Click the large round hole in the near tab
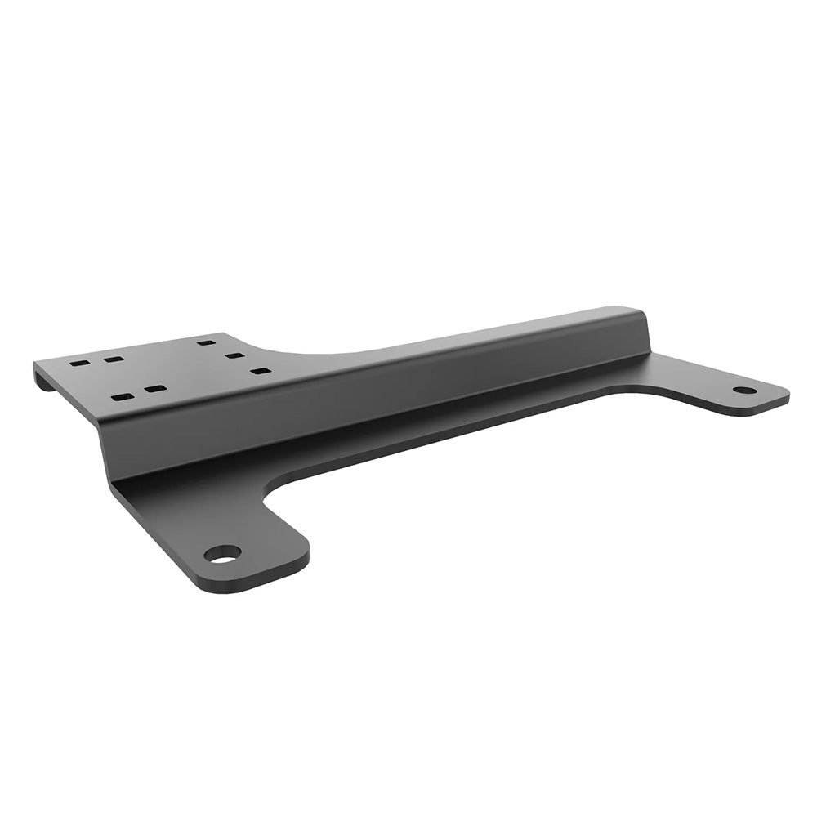[x=222, y=554]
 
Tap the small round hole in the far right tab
[x=744, y=391]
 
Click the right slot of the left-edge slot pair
[x=114, y=359]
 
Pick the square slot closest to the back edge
[x=207, y=343]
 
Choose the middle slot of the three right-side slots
[x=235, y=356]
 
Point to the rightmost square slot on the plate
[x=261, y=371]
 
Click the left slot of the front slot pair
[x=122, y=397]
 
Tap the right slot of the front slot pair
[x=155, y=389]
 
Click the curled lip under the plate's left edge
[x=45, y=380]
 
